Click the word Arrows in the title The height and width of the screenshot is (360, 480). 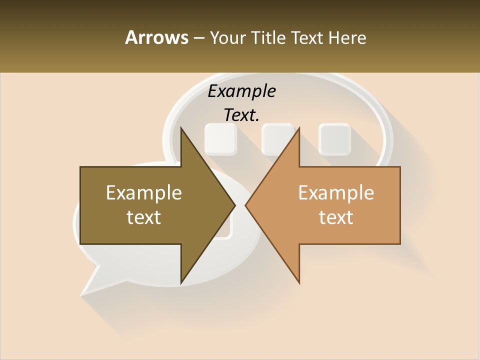tap(156, 37)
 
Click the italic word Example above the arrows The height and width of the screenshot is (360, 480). tap(241, 91)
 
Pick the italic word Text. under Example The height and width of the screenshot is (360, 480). tap(241, 115)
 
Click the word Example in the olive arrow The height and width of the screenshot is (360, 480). tap(144, 193)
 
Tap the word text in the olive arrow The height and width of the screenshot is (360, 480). tap(144, 217)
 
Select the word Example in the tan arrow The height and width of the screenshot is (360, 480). tap(336, 193)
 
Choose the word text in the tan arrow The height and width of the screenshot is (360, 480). tap(336, 217)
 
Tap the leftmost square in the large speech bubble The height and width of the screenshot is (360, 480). tap(220, 138)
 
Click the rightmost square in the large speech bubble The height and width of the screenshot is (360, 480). tap(334, 138)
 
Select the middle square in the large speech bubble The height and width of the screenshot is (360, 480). tap(277, 138)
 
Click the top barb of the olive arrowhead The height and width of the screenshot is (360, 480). tap(182, 131)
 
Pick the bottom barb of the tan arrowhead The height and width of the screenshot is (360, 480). tap(298, 280)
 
